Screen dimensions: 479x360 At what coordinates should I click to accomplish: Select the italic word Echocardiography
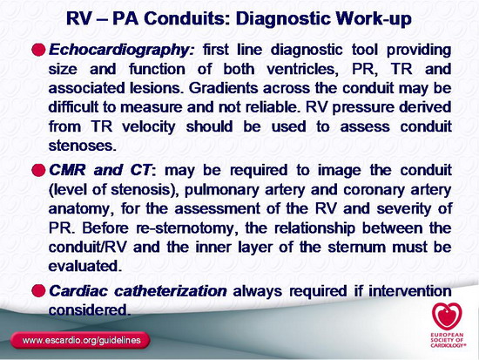point(121,51)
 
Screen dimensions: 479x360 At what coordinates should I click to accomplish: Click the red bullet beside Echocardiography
point(38,50)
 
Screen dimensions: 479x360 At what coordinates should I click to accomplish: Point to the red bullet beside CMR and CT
point(38,170)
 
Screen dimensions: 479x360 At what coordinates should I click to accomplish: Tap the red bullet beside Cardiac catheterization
point(38,290)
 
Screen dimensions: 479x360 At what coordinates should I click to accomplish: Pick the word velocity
point(149,127)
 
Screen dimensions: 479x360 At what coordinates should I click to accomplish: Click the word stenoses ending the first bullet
point(83,146)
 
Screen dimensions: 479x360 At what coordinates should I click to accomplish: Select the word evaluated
point(85,266)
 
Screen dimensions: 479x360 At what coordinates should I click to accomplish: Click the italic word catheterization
point(171,291)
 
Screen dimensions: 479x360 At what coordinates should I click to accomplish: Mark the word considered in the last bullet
point(88,309)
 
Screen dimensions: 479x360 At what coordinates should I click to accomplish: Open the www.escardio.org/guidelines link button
point(80,340)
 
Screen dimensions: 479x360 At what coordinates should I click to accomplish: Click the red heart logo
point(447,316)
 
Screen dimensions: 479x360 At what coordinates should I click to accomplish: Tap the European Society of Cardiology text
point(448,340)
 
